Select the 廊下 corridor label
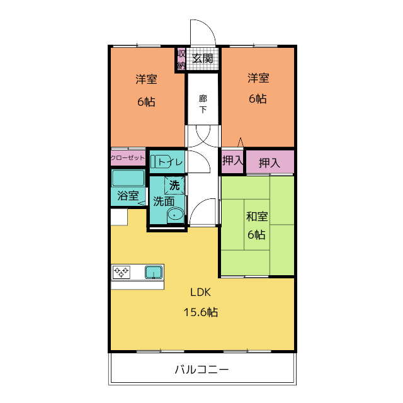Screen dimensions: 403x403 [203, 104]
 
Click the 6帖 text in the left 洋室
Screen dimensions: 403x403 [146, 101]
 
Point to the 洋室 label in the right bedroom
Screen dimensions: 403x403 [258, 79]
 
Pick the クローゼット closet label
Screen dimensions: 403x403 [128, 157]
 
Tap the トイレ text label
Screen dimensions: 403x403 [171, 162]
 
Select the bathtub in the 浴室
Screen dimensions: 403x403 [128, 178]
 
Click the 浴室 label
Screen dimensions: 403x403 [128, 196]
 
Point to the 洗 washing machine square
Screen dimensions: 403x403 [175, 185]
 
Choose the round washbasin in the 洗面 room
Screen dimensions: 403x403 [176, 215]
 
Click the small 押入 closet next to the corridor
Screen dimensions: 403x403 [232, 161]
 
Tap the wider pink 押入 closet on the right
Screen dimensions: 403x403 [270, 162]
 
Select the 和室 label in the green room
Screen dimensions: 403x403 [257, 217]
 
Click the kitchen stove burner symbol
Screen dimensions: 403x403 [122, 272]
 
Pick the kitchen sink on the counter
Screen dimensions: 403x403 [154, 272]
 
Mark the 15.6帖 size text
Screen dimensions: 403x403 [201, 312]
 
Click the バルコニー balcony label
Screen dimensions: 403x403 [201, 370]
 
